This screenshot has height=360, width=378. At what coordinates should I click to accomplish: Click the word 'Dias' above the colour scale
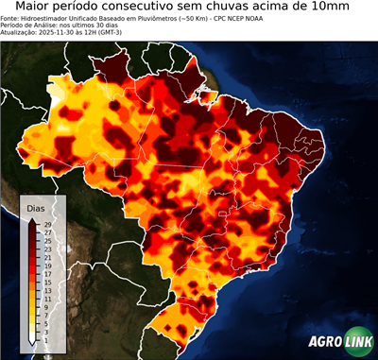[36, 207]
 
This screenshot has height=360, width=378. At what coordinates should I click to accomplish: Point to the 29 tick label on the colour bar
[47, 224]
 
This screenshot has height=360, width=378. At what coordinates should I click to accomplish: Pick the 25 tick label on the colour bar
[47, 240]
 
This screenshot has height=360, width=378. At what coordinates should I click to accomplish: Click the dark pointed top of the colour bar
[33, 220]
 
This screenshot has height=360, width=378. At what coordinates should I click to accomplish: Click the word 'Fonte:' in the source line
[11, 18]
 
